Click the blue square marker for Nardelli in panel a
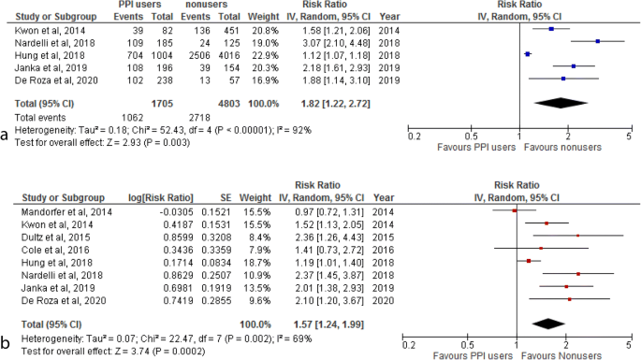click(x=597, y=41)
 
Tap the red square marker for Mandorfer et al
click(x=513, y=212)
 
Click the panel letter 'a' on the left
click(x=6, y=134)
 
